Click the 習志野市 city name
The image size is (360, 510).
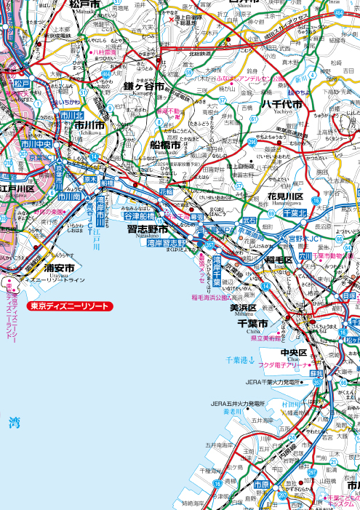(x=147, y=229)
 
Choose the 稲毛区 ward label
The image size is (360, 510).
(x=278, y=260)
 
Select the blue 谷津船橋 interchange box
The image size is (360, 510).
(x=139, y=216)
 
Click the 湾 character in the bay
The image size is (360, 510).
(x=14, y=422)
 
